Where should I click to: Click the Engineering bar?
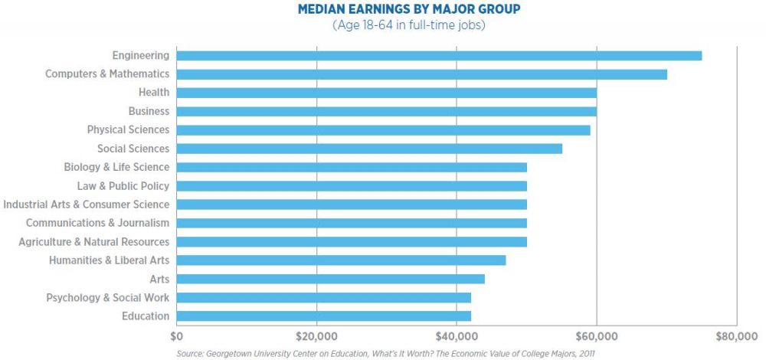pyautogui.click(x=439, y=55)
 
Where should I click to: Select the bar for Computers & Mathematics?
pyautogui.click(x=421, y=74)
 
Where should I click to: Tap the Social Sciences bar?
pyautogui.click(x=369, y=149)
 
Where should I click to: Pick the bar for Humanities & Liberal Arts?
pyautogui.click(x=341, y=260)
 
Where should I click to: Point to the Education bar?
pyautogui.click(x=323, y=316)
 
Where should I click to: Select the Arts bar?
pyautogui.click(x=330, y=279)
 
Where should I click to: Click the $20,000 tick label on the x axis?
pyautogui.click(x=316, y=335)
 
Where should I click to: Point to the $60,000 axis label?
pyautogui.click(x=597, y=335)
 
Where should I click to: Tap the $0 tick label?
pyautogui.click(x=177, y=335)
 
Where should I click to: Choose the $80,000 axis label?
pyautogui.click(x=736, y=335)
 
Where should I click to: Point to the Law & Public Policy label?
pyautogui.click(x=123, y=185)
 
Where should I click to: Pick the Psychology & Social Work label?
pyautogui.click(x=107, y=297)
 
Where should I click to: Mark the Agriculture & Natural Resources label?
pyautogui.click(x=93, y=241)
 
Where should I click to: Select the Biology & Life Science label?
pyautogui.click(x=116, y=167)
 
